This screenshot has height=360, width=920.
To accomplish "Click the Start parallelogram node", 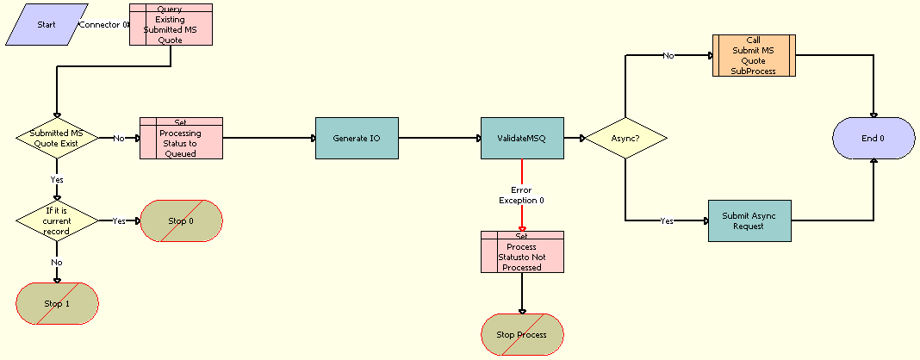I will click(46, 24).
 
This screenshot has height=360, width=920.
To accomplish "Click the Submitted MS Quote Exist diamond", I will click(57, 138).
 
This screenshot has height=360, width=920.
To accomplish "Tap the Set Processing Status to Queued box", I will click(181, 138).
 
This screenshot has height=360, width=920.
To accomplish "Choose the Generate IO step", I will click(357, 138).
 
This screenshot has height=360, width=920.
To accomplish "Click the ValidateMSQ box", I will click(522, 138).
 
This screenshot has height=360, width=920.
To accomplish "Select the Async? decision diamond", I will click(626, 138).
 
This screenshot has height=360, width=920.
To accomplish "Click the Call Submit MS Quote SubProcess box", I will click(754, 56).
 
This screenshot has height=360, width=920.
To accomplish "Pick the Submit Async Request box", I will click(749, 220).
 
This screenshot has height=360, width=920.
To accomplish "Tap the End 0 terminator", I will click(873, 138).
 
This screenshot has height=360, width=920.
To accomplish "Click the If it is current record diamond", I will click(57, 220).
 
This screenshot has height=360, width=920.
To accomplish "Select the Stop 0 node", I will click(181, 220).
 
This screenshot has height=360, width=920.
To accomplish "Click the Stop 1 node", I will click(57, 303).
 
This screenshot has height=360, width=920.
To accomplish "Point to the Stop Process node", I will click(522, 334).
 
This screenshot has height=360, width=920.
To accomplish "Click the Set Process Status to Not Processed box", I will click(522, 251).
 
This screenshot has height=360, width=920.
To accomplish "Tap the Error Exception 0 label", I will click(522, 195).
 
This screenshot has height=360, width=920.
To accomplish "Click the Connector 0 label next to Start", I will click(103, 24).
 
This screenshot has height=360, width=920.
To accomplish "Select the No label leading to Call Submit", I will click(668, 55).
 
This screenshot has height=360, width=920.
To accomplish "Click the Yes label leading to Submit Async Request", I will click(667, 220).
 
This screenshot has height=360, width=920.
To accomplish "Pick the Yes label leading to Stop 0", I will click(119, 220).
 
